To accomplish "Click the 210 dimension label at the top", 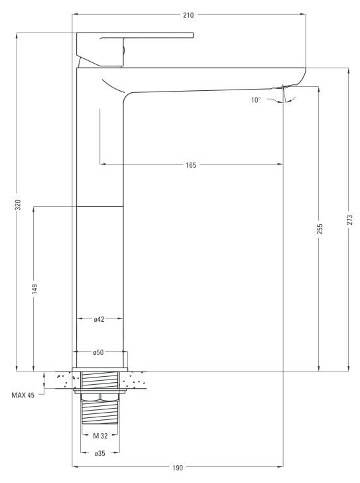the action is [x=188, y=15].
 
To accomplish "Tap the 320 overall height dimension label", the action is [x=19, y=205].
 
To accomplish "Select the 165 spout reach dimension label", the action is [x=191, y=165].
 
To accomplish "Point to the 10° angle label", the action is [x=256, y=100].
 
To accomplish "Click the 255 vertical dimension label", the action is [x=320, y=229].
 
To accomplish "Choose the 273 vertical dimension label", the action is [x=350, y=220].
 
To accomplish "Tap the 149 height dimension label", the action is [x=34, y=289].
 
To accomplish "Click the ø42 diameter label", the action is [x=99, y=319].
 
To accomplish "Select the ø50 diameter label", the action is [x=99, y=352].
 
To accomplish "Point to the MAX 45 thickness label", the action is [x=23, y=395].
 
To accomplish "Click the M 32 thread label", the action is [x=100, y=436].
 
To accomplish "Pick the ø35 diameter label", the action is [x=99, y=453].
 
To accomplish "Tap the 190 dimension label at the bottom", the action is [x=178, y=468].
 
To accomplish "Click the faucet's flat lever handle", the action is [x=135, y=35].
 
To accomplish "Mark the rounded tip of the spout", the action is [x=300, y=77].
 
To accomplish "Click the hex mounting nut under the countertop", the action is [x=100, y=397].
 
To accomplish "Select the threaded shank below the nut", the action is [x=100, y=412].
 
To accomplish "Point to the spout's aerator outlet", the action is [x=280, y=87].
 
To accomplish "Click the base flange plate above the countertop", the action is [x=99, y=370].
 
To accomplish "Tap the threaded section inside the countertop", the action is [x=100, y=379].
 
